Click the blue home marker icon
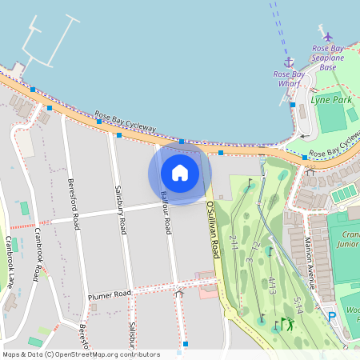[x=180, y=172]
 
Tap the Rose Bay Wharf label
[x=288, y=78]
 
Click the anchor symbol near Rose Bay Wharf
[x=289, y=62]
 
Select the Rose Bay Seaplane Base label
[x=328, y=58]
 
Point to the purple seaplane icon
[x=328, y=37]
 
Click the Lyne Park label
[x=331, y=100]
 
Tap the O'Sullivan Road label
[x=213, y=229]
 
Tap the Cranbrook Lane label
[x=9, y=261]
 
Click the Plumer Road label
[x=110, y=296]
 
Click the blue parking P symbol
[x=332, y=317]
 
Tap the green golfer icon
[x=288, y=324]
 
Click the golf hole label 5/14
[x=299, y=306]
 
